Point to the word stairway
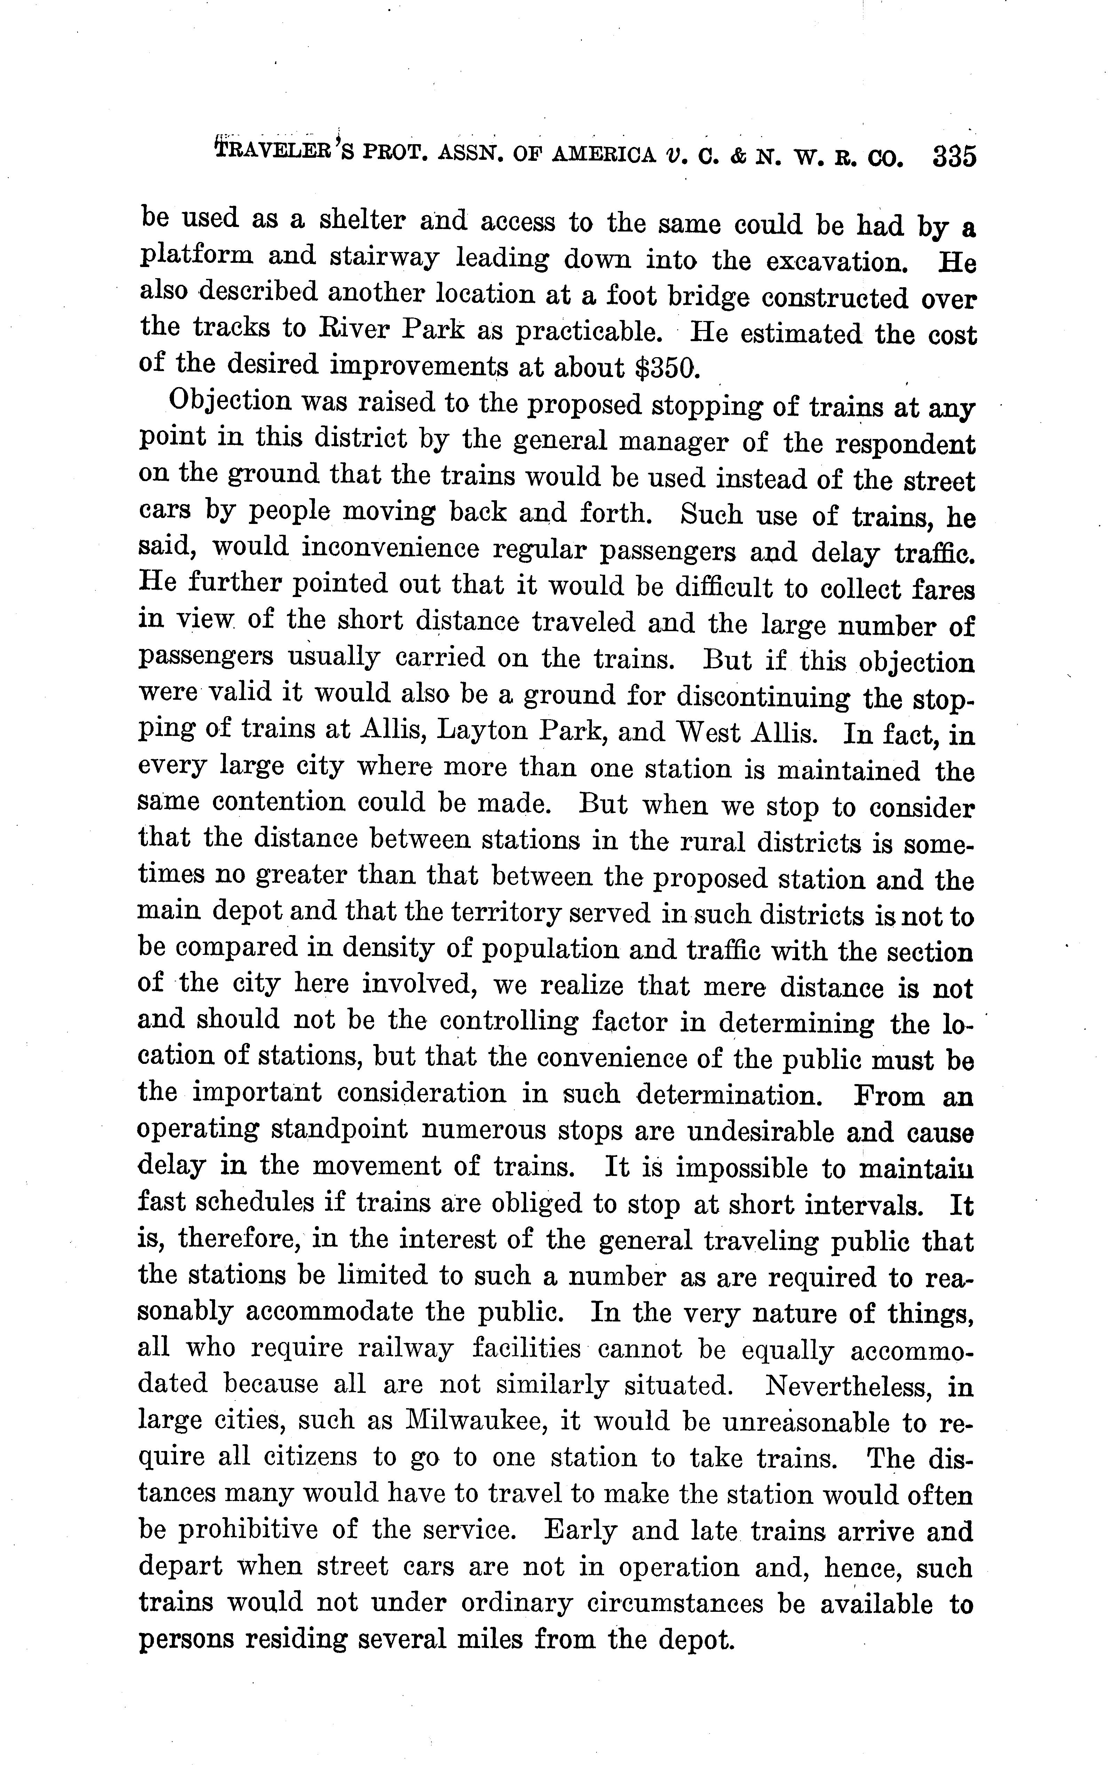tap(385, 258)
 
